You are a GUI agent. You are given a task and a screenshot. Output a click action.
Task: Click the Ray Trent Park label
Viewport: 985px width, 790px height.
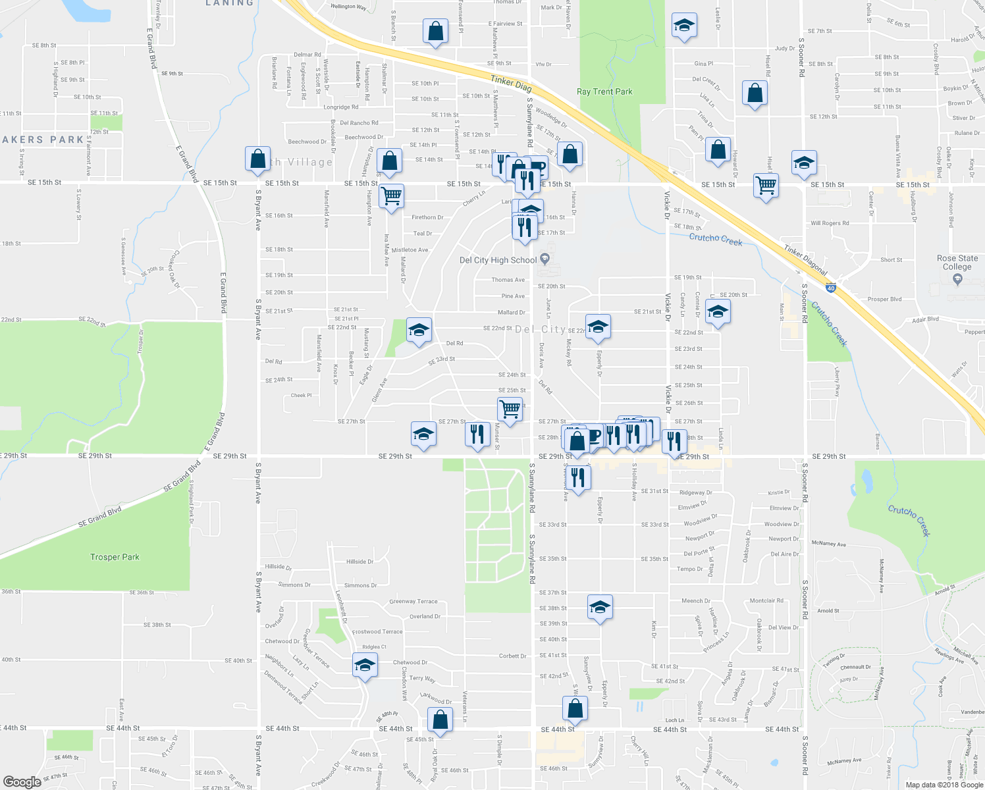(604, 92)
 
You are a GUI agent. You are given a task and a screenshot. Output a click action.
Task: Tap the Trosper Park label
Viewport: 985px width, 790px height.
(115, 557)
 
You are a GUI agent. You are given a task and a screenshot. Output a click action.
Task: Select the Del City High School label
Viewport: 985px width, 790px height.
(498, 260)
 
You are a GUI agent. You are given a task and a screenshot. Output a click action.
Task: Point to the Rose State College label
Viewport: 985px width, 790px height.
(957, 262)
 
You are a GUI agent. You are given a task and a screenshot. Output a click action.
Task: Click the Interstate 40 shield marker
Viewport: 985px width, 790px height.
(831, 288)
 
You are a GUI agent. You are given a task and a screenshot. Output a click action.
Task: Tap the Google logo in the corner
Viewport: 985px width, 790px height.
(22, 781)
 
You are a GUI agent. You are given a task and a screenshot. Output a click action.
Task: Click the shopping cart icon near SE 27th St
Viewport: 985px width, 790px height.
(510, 409)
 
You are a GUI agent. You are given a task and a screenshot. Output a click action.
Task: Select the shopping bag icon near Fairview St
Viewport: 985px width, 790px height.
(435, 32)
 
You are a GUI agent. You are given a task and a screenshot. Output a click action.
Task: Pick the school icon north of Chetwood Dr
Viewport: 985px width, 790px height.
(364, 665)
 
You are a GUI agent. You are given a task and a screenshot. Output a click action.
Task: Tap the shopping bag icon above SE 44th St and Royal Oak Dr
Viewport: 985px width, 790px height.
(440, 720)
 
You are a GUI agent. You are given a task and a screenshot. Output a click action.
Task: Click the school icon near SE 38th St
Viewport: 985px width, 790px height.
(600, 607)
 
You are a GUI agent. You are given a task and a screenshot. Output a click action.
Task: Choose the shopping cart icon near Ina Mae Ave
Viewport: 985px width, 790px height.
(391, 196)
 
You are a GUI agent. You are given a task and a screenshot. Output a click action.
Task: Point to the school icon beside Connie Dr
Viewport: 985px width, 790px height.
(718, 311)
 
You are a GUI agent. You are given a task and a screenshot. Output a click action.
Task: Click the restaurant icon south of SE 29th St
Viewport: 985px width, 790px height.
(577, 477)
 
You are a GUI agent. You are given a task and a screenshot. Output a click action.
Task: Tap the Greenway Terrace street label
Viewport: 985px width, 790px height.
(413, 601)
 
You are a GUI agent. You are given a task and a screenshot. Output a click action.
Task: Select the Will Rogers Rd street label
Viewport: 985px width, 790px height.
(830, 223)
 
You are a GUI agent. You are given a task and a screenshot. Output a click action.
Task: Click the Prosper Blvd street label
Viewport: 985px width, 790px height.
(884, 300)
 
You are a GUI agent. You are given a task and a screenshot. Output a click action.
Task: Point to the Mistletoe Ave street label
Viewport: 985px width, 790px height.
(410, 250)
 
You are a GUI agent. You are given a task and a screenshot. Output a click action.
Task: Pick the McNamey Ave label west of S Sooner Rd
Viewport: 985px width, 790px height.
(829, 544)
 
